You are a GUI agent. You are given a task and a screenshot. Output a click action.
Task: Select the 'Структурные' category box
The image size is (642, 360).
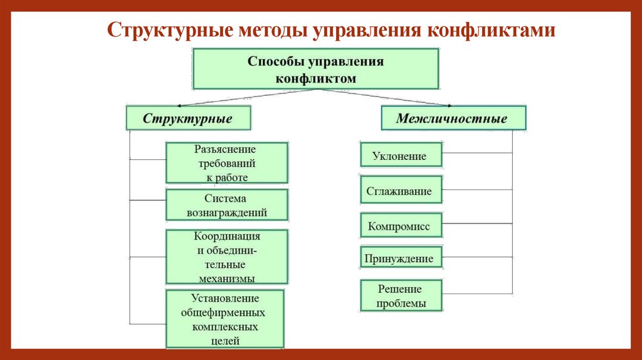(x=188, y=118)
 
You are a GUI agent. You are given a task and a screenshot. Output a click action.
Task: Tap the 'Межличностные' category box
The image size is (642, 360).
(x=452, y=118)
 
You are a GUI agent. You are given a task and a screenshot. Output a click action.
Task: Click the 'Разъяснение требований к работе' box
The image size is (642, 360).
(x=227, y=162)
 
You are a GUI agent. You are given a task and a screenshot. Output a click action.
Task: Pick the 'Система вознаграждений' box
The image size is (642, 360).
(x=227, y=205)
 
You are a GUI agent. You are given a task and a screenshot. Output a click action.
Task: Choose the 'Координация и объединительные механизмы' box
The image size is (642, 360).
(x=227, y=257)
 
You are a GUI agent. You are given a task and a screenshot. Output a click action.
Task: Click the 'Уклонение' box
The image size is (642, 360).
(x=401, y=156)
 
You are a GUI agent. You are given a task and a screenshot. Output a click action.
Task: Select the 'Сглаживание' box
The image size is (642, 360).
(x=401, y=191)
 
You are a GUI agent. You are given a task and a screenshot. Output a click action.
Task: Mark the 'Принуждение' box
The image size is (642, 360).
(x=401, y=258)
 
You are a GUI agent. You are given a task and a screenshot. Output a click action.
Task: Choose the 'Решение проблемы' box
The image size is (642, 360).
(x=401, y=296)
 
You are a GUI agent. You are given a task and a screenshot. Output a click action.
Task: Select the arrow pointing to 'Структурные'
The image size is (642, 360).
(x=182, y=104)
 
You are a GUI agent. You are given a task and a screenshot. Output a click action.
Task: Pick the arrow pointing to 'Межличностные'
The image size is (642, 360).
(x=448, y=104)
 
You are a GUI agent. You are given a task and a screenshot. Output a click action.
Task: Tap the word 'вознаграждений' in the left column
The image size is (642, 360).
(x=227, y=213)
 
